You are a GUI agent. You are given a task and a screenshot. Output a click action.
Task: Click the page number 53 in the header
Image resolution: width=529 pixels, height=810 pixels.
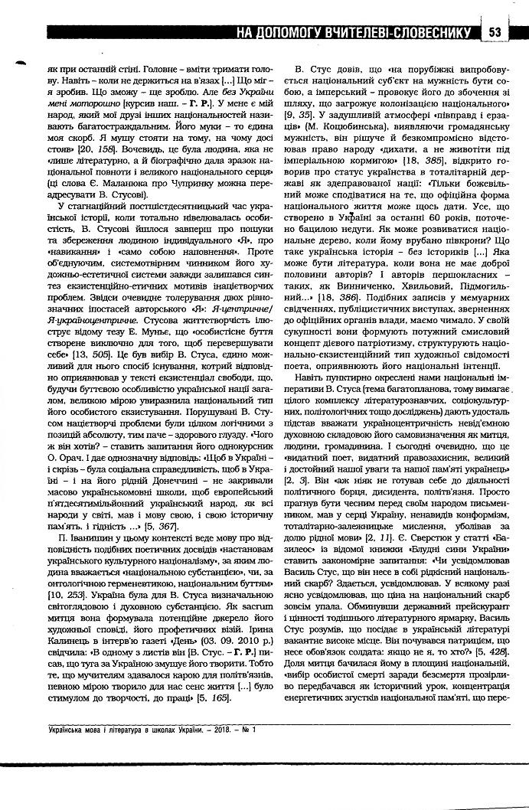point(495,32)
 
